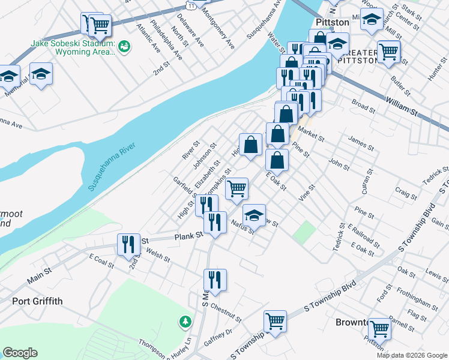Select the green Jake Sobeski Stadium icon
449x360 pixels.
click(124, 45)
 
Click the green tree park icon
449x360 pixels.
click(185, 322)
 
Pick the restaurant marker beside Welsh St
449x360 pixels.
click(129, 244)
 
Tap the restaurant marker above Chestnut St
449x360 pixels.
click(215, 280)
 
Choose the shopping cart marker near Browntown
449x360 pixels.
click(380, 328)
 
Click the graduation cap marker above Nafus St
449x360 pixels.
click(254, 215)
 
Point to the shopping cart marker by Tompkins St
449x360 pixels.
click(237, 188)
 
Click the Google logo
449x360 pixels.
click(20, 352)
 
